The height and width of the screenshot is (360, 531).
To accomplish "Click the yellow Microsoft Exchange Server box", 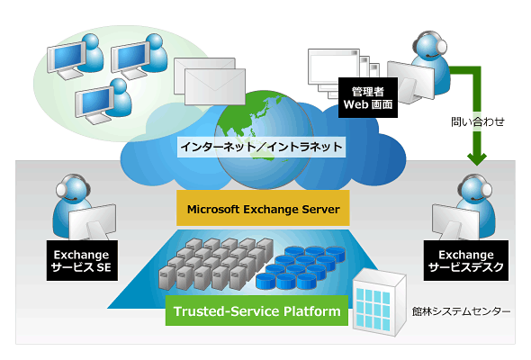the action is pyautogui.click(x=263, y=208).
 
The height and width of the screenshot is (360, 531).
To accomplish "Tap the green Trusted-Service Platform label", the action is pyautogui.click(x=256, y=310).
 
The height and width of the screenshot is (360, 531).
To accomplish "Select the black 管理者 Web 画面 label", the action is pyautogui.click(x=368, y=97).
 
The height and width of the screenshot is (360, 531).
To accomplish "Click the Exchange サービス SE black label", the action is pyautogui.click(x=82, y=260).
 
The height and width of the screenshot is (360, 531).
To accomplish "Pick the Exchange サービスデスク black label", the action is pyautogui.click(x=465, y=260).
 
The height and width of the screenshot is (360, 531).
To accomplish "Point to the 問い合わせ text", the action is pyautogui.click(x=478, y=121).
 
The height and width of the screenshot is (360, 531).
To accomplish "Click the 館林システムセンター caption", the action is pyautogui.click(x=461, y=310).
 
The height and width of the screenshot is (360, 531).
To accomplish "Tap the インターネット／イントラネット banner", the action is pyautogui.click(x=261, y=147).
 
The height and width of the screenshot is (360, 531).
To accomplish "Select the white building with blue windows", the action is pyautogui.click(x=379, y=302).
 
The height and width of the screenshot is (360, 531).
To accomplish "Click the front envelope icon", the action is pyautogui.click(x=215, y=87).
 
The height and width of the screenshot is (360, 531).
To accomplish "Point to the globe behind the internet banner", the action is pyautogui.click(x=264, y=139).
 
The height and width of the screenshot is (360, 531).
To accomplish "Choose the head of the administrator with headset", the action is pyautogui.click(x=429, y=45).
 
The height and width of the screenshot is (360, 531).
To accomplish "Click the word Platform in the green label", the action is pyautogui.click(x=312, y=310).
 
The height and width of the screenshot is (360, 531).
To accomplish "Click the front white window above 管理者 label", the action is pyautogui.click(x=334, y=67).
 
